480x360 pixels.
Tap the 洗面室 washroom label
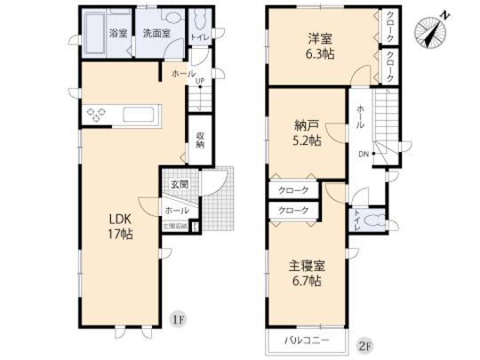pyautogui.click(x=156, y=33)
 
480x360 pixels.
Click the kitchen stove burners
pyautogui.click(x=97, y=114)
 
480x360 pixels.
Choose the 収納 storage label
pyautogui.click(x=201, y=140)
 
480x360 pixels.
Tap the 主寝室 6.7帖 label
pyautogui.click(x=304, y=272)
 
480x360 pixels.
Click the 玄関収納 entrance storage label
pyautogui.click(x=174, y=226)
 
